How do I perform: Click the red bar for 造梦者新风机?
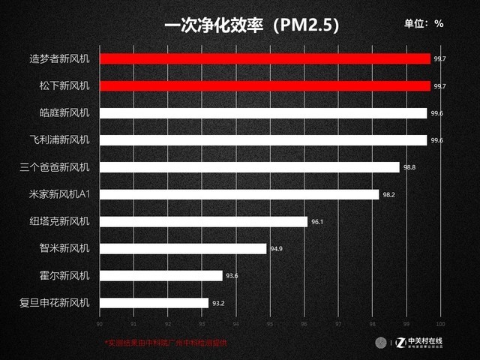click(265, 58)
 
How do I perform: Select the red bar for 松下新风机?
click(265, 85)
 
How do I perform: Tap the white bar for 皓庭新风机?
click(262, 113)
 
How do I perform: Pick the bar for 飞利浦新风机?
click(262, 140)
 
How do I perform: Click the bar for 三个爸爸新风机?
click(249, 167)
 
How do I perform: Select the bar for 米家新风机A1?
click(239, 194)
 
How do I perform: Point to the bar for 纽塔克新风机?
click(203, 221)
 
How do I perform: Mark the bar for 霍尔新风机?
click(160, 275)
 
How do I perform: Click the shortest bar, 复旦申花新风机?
click(154, 303)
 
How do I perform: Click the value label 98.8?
click(409, 167)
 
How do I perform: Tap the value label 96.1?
click(317, 221)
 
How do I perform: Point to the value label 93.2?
click(218, 303)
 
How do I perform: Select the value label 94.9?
click(276, 248)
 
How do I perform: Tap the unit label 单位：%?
click(424, 23)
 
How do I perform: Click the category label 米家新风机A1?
click(57, 194)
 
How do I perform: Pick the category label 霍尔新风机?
click(64, 275)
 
